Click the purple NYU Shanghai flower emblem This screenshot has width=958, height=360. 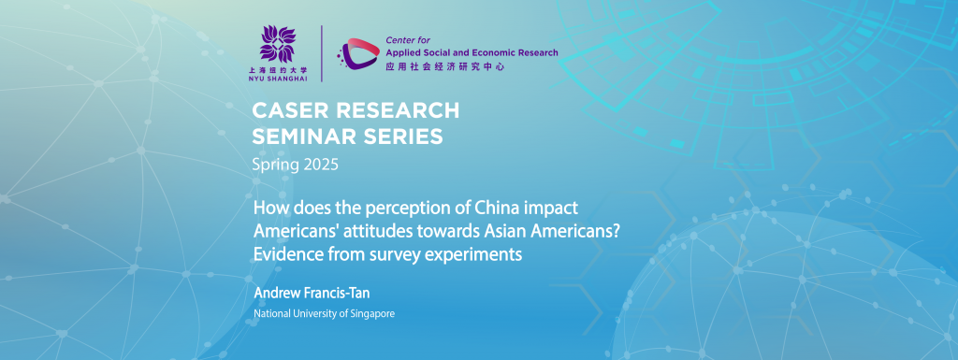(x=277, y=44)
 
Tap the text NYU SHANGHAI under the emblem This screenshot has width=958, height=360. (x=277, y=79)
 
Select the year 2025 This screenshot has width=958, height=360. (x=318, y=165)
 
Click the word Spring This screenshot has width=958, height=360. (x=273, y=166)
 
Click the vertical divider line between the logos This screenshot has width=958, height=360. (x=322, y=53)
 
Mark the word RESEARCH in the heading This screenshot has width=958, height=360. (x=390, y=110)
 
